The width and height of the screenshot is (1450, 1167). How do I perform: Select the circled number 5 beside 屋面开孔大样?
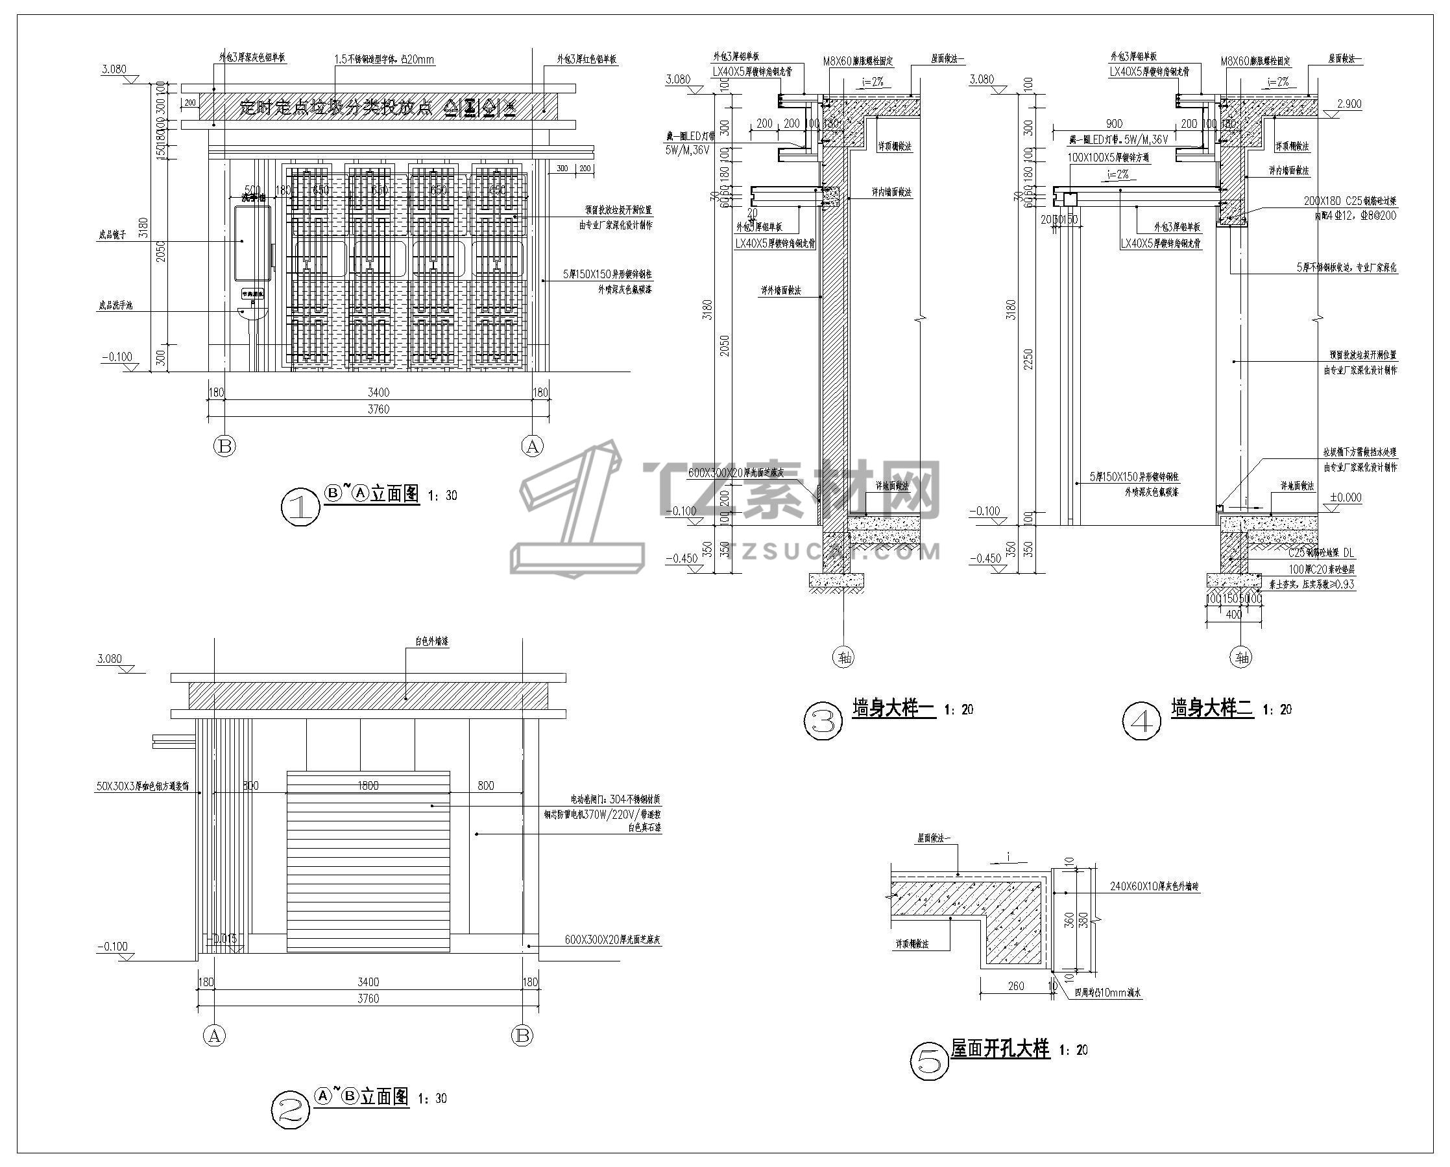(929, 1061)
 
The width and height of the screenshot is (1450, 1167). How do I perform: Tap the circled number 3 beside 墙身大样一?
(823, 722)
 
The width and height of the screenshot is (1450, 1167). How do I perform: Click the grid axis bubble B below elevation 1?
(224, 445)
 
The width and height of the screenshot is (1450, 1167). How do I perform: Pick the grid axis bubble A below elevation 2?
(214, 1035)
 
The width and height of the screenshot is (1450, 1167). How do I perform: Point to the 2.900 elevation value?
(1349, 104)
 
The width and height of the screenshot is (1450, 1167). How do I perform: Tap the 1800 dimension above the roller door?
(368, 785)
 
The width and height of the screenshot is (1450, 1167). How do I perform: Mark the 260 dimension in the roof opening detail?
(1015, 985)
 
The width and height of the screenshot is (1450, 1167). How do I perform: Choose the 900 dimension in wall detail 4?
(1114, 124)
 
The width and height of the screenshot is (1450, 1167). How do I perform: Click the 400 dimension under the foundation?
(1233, 615)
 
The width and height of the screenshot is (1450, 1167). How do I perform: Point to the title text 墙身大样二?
(1212, 709)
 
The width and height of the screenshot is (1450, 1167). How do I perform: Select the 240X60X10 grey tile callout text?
(1154, 887)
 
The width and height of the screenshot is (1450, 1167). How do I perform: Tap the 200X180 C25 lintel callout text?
(1350, 200)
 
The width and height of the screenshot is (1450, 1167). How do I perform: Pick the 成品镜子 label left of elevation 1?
(112, 235)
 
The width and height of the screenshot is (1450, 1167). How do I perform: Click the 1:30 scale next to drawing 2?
(432, 1098)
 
